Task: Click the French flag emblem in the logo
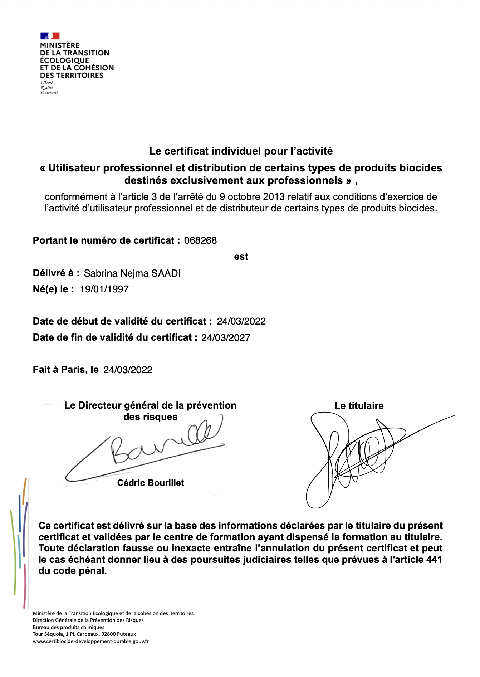[x=50, y=36]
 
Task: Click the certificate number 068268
[x=200, y=240]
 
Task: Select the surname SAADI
[x=166, y=273]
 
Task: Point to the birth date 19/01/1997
[x=104, y=289]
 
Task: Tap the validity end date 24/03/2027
[x=226, y=338]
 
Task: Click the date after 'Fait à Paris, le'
[x=128, y=370]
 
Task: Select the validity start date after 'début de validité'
[x=241, y=321]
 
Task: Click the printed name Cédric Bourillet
[x=151, y=483]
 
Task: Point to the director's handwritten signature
[x=150, y=447]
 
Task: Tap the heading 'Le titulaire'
[x=359, y=406]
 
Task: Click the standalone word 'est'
[x=241, y=257]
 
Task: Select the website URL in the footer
[x=90, y=641]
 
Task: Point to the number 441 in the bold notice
[x=434, y=560]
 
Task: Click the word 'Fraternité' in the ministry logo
[x=49, y=92]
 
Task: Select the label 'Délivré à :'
[x=56, y=273]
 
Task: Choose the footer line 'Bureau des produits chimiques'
[x=69, y=627]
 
